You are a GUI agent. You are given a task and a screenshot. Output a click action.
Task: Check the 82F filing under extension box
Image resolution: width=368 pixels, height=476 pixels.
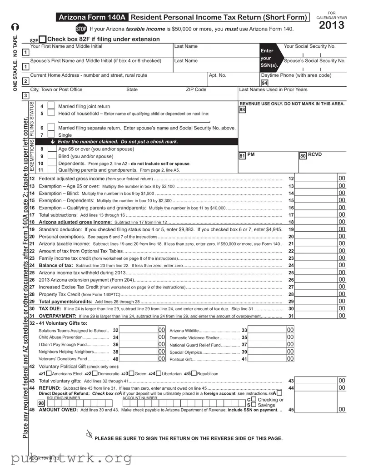coord(43,40)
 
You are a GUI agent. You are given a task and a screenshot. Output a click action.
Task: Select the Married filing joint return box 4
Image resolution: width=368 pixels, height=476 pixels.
coord(51,106)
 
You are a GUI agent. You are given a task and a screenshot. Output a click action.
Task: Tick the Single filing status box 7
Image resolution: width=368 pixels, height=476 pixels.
coord(51,135)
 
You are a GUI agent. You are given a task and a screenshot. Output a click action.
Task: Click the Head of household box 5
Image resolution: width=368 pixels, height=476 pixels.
coord(51,114)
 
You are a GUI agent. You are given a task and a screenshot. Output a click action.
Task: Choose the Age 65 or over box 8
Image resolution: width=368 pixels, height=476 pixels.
coord(51,149)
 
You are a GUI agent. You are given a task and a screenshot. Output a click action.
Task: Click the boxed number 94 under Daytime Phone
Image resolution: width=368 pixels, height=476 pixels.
coord(264,83)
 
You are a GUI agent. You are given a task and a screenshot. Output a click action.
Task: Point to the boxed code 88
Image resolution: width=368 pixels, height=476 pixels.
coord(242,109)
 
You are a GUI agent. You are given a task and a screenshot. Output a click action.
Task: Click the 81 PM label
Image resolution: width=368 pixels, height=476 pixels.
coord(247,155)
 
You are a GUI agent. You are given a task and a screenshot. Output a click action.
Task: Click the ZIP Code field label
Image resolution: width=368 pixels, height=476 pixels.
coord(196,89)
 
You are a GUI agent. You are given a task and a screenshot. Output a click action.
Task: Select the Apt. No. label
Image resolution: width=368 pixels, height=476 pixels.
coord(217,75)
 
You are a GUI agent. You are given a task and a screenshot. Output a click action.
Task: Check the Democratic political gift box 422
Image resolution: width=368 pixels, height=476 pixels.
coord(94,373)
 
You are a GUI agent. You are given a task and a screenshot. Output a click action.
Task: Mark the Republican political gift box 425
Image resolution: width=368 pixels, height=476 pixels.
coord(194,373)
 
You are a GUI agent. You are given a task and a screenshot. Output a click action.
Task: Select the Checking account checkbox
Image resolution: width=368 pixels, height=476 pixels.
coord(254,399)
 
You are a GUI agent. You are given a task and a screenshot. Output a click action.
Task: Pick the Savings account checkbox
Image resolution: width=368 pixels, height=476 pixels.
coord(254,405)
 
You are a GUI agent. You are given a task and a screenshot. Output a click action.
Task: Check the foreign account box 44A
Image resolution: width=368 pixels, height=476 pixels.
coord(279,393)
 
